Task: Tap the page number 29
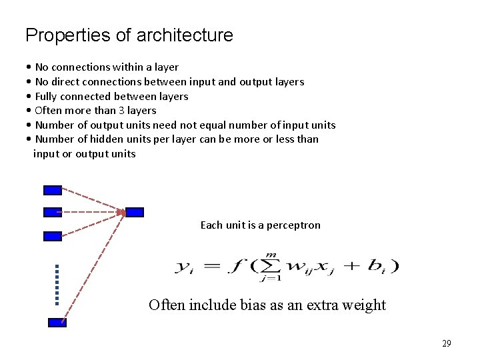coord(446,343)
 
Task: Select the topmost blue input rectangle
coord(52,190)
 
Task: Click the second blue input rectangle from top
coord(52,213)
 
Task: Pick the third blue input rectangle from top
coord(52,236)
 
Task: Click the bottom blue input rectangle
coord(57,323)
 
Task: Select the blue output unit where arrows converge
coord(135,213)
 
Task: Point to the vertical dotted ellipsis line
coord(57,285)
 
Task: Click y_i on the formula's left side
coord(184,267)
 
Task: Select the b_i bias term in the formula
coord(378,266)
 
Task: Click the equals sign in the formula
coord(210,266)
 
